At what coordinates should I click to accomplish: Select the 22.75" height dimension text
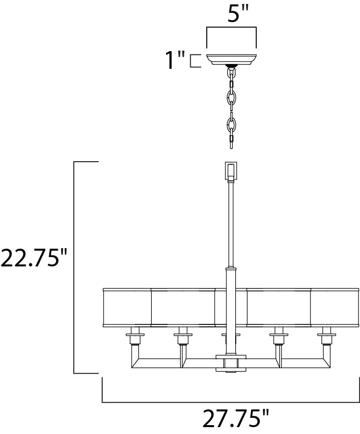click(33, 258)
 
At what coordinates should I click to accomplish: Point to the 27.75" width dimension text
click(236, 419)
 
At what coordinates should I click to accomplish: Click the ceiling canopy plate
click(231, 59)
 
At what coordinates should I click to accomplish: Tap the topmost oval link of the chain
click(231, 75)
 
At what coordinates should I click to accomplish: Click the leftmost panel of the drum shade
click(126, 307)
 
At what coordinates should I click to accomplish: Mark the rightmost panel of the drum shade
click(334, 307)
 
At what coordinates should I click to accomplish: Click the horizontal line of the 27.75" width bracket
click(231, 402)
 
